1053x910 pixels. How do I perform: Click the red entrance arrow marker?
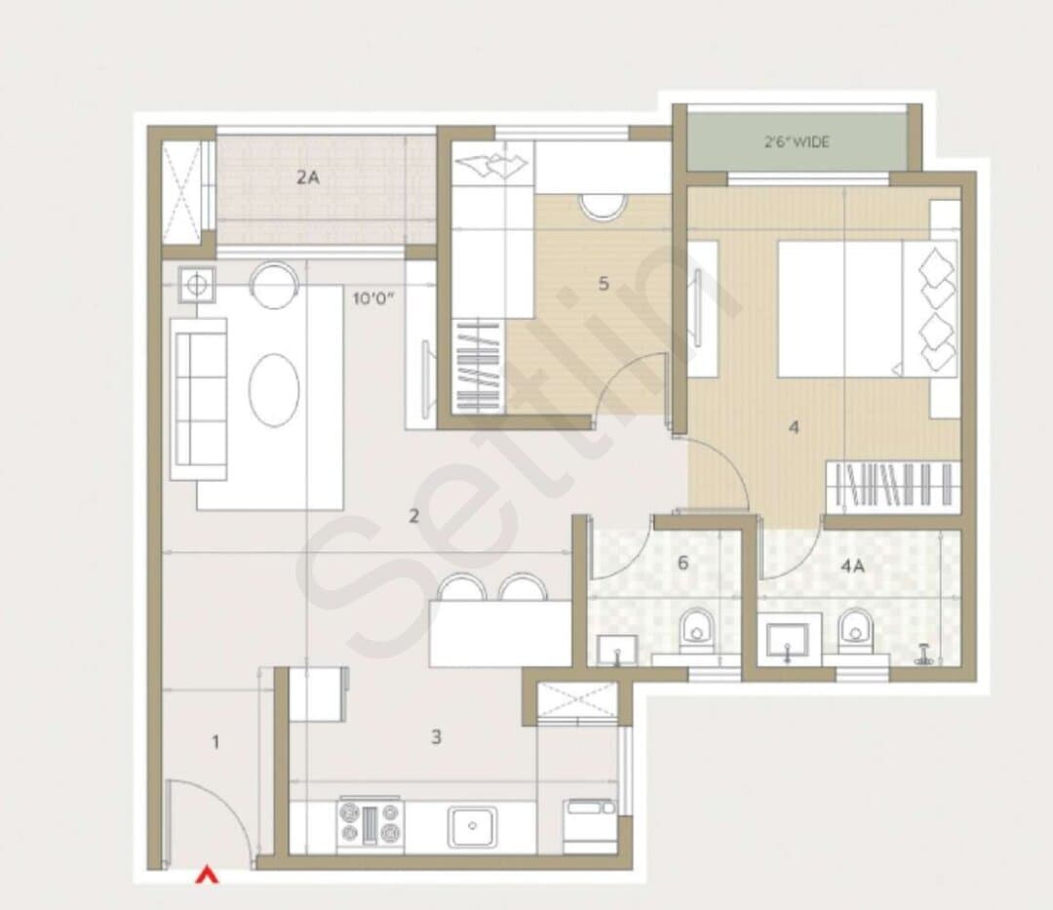pyautogui.click(x=207, y=875)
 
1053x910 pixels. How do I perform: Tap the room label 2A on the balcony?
pyautogui.click(x=308, y=178)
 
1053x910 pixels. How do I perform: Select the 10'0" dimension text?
pyautogui.click(x=373, y=298)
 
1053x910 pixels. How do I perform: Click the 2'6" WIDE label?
pyautogui.click(x=797, y=141)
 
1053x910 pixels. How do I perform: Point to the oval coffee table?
pyautogui.click(x=274, y=390)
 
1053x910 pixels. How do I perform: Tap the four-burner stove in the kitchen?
pyautogui.click(x=370, y=824)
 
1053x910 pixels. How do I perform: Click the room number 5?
pyautogui.click(x=604, y=284)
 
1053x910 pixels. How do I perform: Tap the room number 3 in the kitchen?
pyautogui.click(x=436, y=736)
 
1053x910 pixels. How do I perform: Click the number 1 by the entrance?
pyautogui.click(x=215, y=742)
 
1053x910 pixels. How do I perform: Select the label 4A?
pyautogui.click(x=852, y=566)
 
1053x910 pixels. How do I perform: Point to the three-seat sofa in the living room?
pyautogui.click(x=199, y=399)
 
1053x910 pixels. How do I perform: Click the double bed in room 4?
pyautogui.click(x=868, y=308)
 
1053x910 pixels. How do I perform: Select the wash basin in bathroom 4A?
pyautogui.click(x=789, y=638)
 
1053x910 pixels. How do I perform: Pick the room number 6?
pyautogui.click(x=682, y=562)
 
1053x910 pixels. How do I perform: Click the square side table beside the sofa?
pyautogui.click(x=197, y=285)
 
